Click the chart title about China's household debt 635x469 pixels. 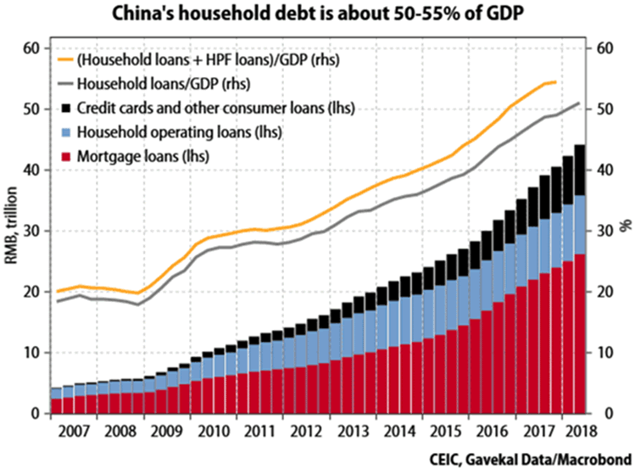pos(317,14)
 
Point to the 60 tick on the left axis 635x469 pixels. pos(31,49)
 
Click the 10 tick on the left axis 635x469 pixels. pos(31,353)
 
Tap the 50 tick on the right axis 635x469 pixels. pos(605,110)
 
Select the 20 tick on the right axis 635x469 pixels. pos(605,292)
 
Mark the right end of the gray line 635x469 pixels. pos(579,103)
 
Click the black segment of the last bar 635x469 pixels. pos(580,170)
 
